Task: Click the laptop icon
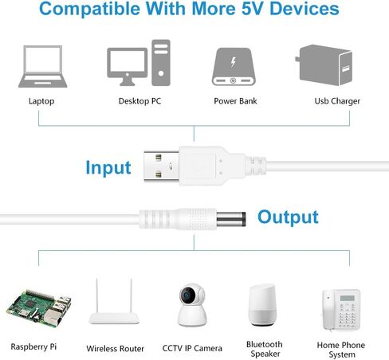(x=42, y=67)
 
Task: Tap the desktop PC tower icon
(x=161, y=63)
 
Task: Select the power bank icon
(x=234, y=67)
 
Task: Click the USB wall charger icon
(x=324, y=65)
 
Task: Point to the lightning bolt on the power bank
(x=233, y=62)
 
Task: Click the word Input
(x=108, y=168)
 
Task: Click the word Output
(x=288, y=217)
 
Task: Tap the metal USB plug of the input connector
(x=161, y=166)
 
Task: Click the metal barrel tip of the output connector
(x=231, y=219)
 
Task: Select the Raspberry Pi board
(x=39, y=308)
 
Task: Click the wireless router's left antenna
(x=97, y=295)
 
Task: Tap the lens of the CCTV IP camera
(x=187, y=295)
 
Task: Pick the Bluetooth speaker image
(x=262, y=305)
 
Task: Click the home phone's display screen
(x=347, y=298)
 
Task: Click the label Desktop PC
(x=139, y=101)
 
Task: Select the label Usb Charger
(x=337, y=101)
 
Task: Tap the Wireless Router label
(x=115, y=348)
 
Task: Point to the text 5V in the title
(x=252, y=9)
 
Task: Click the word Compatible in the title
(x=89, y=10)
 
